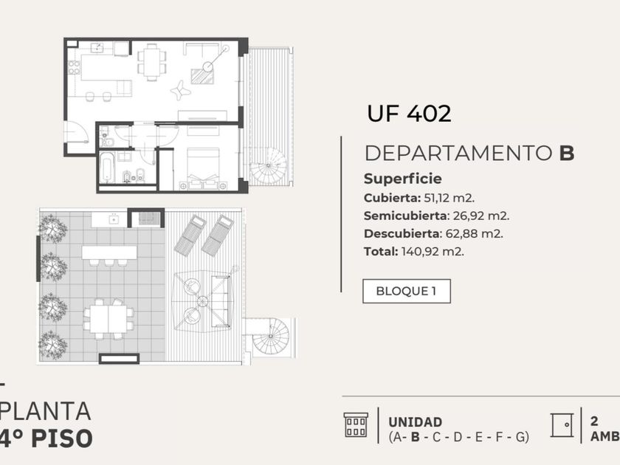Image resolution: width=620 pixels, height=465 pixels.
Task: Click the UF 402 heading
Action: tap(409, 114)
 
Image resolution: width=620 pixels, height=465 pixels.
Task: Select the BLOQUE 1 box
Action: tap(407, 291)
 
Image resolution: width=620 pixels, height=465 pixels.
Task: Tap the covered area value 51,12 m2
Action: tap(449, 198)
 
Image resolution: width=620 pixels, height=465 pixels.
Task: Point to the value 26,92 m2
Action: tap(480, 216)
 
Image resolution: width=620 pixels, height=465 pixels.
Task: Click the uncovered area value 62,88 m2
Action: tap(474, 234)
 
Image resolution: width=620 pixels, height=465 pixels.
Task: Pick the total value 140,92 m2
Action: tap(433, 252)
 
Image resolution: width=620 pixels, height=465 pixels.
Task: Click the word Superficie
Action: tap(403, 179)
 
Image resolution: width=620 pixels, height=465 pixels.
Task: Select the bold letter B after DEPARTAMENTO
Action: tap(567, 153)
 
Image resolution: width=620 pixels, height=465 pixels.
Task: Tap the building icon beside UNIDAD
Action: tap(356, 425)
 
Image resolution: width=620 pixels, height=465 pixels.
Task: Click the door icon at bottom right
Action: tap(562, 425)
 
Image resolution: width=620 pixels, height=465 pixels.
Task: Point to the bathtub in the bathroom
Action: tap(107, 168)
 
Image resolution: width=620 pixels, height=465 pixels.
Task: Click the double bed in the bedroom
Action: tap(203, 166)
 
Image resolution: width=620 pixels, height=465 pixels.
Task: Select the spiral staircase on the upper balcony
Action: tap(269, 165)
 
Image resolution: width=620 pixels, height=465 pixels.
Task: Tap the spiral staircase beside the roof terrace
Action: tap(272, 336)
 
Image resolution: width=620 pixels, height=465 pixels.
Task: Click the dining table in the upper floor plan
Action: tap(151, 62)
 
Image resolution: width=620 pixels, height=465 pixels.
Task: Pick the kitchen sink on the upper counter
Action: tap(97, 48)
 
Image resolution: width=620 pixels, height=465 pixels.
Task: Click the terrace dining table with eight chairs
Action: tap(108, 319)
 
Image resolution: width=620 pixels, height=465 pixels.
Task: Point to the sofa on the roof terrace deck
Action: tap(221, 302)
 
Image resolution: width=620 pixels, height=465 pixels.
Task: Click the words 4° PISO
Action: tap(46, 438)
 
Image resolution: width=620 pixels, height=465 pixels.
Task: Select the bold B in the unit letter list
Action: tap(415, 437)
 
